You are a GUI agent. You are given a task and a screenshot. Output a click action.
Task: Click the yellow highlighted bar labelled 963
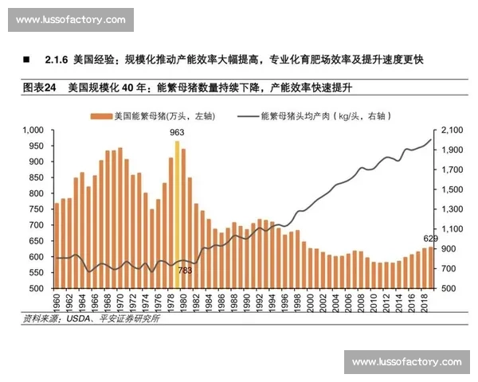tap(178, 215)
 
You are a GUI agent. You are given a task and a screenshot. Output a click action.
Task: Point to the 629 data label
tap(430, 239)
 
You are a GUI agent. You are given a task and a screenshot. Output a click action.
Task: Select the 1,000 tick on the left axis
tap(32, 130)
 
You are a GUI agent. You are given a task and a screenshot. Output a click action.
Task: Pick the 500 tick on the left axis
tap(36, 288)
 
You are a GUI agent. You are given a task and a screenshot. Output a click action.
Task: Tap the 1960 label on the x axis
tap(57, 302)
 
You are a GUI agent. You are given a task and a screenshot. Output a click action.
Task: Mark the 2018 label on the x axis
tap(425, 302)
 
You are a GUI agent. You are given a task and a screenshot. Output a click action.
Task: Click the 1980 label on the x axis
tap(183, 302)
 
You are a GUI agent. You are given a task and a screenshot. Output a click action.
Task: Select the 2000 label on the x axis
tap(311, 302)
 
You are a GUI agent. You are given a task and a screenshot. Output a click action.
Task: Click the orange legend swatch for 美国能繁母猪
tap(101, 115)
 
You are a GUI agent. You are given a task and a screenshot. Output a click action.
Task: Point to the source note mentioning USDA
tap(92, 319)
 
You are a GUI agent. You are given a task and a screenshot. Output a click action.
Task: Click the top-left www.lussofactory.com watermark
tap(70, 20)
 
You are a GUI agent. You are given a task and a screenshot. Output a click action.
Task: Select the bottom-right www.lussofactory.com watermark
tap(406, 362)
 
